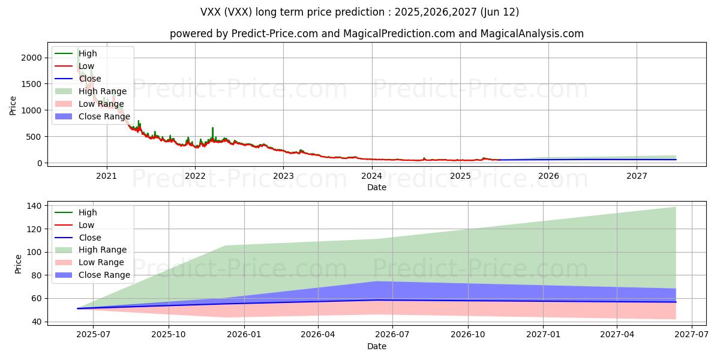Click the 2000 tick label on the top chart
(32, 58)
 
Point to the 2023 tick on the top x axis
(284, 176)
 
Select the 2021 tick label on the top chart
(107, 176)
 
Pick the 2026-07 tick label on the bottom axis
(392, 335)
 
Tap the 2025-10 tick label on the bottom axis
(169, 335)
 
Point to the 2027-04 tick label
(617, 335)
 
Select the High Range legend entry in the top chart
(103, 91)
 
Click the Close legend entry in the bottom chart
(90, 238)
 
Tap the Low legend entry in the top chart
(86, 66)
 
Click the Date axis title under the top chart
(377, 187)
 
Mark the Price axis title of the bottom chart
(18, 264)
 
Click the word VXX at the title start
(211, 12)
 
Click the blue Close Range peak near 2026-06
(377, 282)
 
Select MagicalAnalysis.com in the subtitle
(532, 34)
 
